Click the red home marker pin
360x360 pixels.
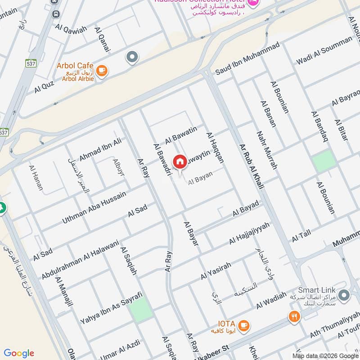[x=180, y=162]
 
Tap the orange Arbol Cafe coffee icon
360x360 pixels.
[x=102, y=71]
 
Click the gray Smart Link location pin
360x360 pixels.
[x=344, y=296]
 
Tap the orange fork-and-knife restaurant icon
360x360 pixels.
[x=294, y=317]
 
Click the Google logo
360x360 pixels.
[x=19, y=353]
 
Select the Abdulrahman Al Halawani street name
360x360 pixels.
[x=80, y=259]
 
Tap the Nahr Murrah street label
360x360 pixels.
[x=266, y=150]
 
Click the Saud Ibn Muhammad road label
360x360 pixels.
[x=247, y=58]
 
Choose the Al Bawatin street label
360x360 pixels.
[x=181, y=135]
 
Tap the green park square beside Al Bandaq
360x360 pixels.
[x=324, y=161]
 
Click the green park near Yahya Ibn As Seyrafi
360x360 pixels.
[x=142, y=310]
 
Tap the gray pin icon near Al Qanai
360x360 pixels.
[x=132, y=57]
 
